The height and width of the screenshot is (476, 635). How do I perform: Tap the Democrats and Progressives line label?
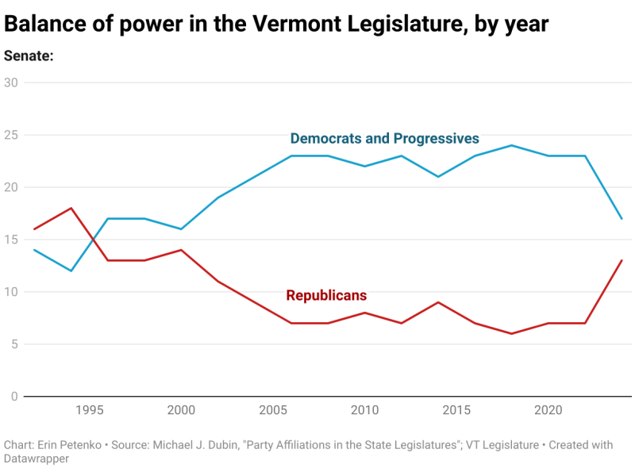[384, 139]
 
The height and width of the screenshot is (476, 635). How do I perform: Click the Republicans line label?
[326, 295]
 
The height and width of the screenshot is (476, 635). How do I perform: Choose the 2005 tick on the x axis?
[273, 410]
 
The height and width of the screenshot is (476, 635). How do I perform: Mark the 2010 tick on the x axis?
[364, 410]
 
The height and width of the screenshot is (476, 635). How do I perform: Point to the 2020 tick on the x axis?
[548, 410]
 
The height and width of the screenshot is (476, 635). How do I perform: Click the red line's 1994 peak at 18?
[71, 208]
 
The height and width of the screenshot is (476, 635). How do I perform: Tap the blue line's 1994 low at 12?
[71, 271]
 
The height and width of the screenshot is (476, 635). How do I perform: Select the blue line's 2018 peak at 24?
[512, 145]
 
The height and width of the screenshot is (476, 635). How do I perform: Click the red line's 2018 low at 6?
[512, 333]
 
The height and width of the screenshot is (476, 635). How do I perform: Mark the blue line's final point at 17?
[622, 218]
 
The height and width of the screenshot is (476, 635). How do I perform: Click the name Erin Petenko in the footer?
[71, 445]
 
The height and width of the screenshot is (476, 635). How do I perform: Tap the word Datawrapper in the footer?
[36, 459]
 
